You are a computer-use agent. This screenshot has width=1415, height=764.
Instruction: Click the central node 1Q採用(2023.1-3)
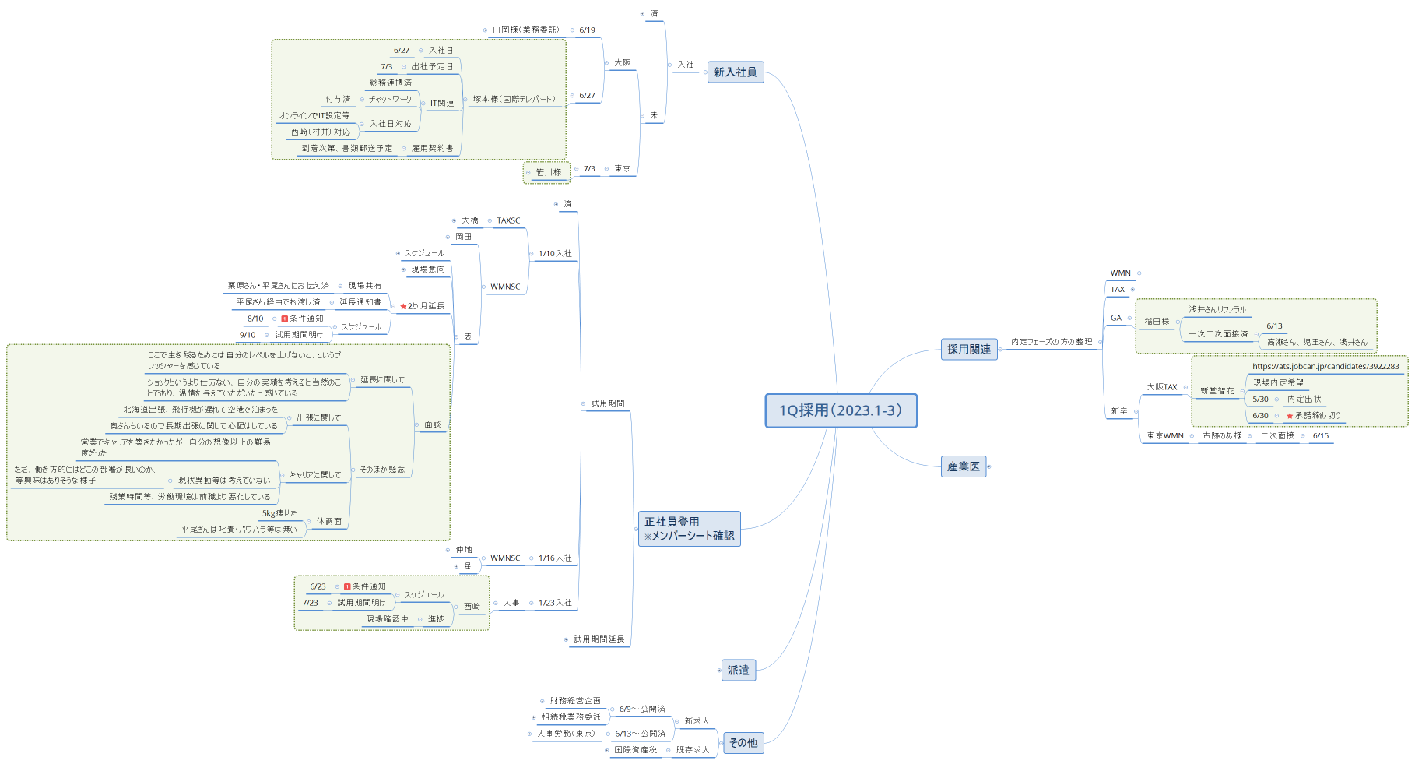(x=841, y=410)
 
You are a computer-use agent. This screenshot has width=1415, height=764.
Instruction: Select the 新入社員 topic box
(x=735, y=72)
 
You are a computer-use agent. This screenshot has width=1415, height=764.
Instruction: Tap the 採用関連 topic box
(x=968, y=350)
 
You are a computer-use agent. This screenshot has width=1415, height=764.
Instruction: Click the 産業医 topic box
(x=963, y=466)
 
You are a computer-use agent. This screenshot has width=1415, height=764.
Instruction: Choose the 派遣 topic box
(x=738, y=670)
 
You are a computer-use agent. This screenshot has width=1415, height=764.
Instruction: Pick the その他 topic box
(x=743, y=743)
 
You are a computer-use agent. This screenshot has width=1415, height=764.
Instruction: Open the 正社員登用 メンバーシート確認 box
(x=689, y=529)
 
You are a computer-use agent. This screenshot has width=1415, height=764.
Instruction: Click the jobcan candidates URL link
(x=1325, y=366)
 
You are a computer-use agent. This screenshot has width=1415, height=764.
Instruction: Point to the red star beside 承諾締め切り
(x=1290, y=416)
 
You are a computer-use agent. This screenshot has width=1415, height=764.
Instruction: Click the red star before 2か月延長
(x=403, y=306)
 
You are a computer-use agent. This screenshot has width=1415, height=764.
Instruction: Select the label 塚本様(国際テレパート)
(x=514, y=99)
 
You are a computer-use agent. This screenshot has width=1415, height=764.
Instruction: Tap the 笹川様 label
(x=548, y=172)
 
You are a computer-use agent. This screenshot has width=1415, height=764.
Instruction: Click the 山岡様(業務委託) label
(x=525, y=30)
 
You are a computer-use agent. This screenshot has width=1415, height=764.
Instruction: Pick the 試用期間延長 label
(x=599, y=639)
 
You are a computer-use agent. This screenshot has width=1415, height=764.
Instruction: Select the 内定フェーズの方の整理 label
(x=1051, y=342)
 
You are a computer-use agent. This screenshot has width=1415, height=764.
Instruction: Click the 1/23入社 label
(x=554, y=603)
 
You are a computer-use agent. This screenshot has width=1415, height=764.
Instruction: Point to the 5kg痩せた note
(x=279, y=513)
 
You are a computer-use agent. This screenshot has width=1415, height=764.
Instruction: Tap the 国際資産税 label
(x=635, y=750)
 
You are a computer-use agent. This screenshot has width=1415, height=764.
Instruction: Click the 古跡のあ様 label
(x=1222, y=436)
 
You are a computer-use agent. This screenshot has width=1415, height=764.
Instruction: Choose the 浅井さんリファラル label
(x=1217, y=309)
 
